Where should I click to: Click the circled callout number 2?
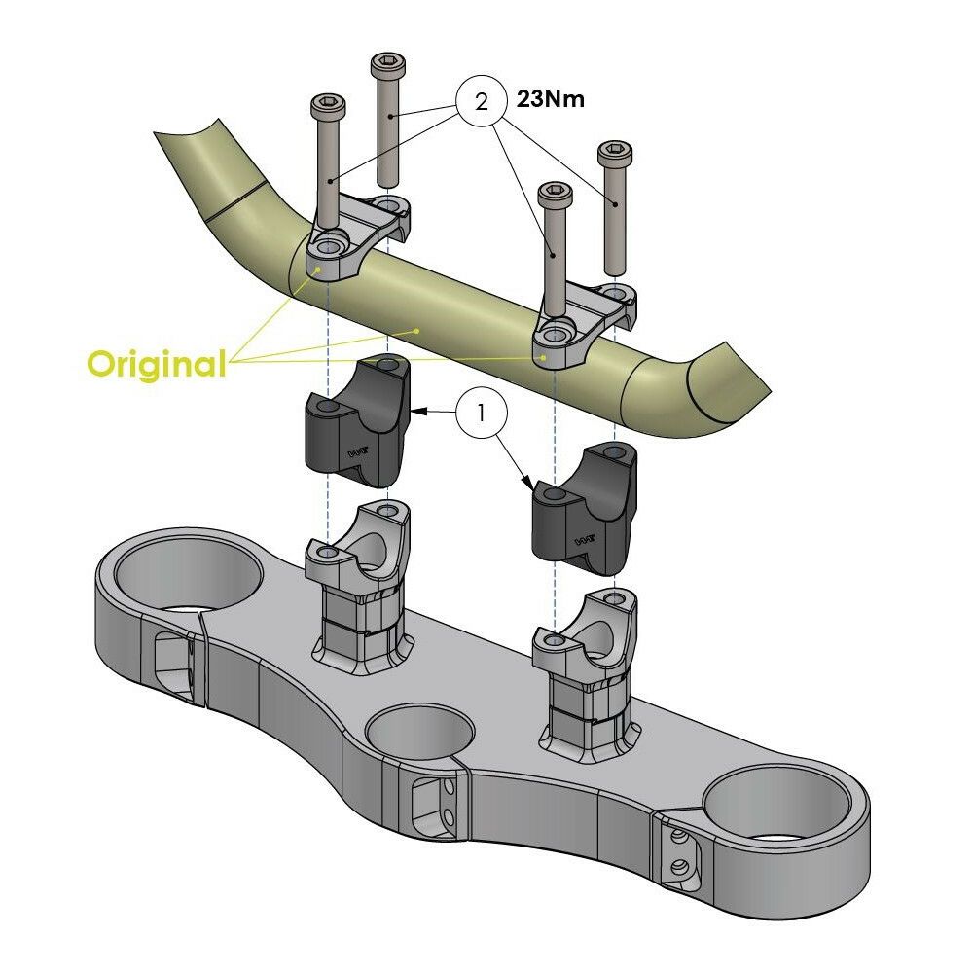[x=480, y=101]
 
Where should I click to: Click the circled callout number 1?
[x=480, y=413]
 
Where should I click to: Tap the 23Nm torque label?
[x=548, y=98]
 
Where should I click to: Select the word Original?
[x=156, y=364]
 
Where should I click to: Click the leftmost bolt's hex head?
[x=328, y=104]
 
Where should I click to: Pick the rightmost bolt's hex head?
[x=614, y=153]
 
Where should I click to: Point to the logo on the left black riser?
[x=358, y=453]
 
